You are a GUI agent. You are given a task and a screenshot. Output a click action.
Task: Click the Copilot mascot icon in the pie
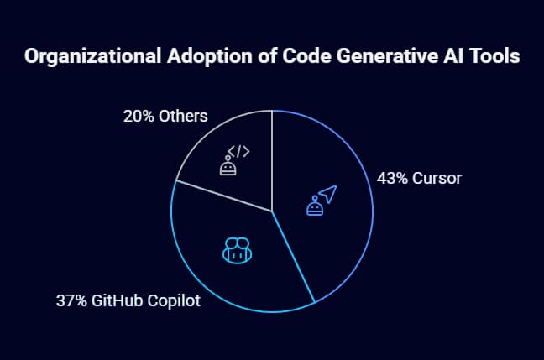point(236,249)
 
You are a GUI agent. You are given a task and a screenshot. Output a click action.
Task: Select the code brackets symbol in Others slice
point(238,151)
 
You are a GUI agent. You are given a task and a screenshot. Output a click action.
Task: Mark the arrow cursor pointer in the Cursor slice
point(327,194)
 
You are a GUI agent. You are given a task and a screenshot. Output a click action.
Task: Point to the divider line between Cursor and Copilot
point(293,256)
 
